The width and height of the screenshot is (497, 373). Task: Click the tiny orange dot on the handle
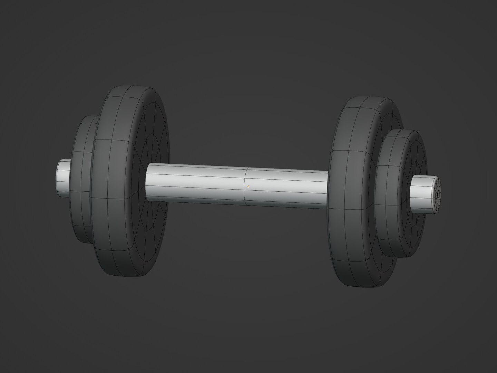point(248,186)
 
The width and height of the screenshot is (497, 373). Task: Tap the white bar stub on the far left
point(64,178)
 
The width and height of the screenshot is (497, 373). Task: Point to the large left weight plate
point(114,183)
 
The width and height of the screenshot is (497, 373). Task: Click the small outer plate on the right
point(390,193)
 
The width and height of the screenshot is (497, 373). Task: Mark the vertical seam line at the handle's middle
point(245,185)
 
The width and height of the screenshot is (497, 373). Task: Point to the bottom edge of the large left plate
point(128,276)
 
